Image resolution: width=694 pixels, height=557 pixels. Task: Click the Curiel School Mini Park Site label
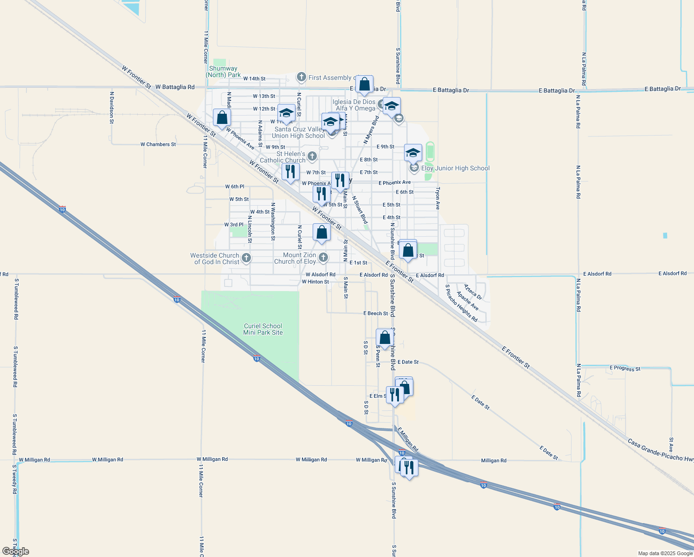pyautogui.click(x=263, y=329)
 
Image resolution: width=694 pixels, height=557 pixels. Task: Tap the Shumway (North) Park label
pyautogui.click(x=223, y=71)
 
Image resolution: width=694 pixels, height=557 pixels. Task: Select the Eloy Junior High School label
pyautogui.click(x=455, y=168)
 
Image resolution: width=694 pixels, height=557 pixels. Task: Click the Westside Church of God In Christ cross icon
pyautogui.click(x=246, y=258)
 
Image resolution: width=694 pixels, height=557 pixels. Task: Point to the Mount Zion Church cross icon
pyautogui.click(x=323, y=257)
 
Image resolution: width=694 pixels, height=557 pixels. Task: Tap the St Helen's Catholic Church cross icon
pyautogui.click(x=312, y=156)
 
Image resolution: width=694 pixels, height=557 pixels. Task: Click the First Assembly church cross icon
pyautogui.click(x=301, y=77)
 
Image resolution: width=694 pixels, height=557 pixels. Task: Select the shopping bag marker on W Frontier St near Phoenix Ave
pyautogui.click(x=222, y=118)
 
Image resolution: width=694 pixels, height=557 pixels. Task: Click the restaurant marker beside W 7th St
pyautogui.click(x=290, y=172)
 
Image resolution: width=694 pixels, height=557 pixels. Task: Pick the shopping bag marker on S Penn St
pyautogui.click(x=385, y=338)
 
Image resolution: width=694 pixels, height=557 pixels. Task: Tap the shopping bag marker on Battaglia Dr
pyautogui.click(x=365, y=84)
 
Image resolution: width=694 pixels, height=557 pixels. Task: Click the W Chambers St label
pyautogui.click(x=158, y=144)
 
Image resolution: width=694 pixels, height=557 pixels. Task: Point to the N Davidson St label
pyautogui.click(x=112, y=107)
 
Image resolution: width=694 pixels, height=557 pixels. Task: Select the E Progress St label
pyautogui.click(x=625, y=369)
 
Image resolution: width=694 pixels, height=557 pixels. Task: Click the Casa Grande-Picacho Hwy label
pyautogui.click(x=661, y=450)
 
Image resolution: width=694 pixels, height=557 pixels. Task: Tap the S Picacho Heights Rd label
pyautogui.click(x=461, y=304)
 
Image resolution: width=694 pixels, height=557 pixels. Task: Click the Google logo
pyautogui.click(x=16, y=551)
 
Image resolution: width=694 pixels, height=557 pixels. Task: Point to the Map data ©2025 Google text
pyautogui.click(x=665, y=553)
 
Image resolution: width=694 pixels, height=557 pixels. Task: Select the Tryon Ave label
pyautogui.click(x=437, y=199)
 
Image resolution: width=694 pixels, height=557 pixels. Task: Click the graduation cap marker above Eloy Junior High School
pyautogui.click(x=413, y=153)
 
